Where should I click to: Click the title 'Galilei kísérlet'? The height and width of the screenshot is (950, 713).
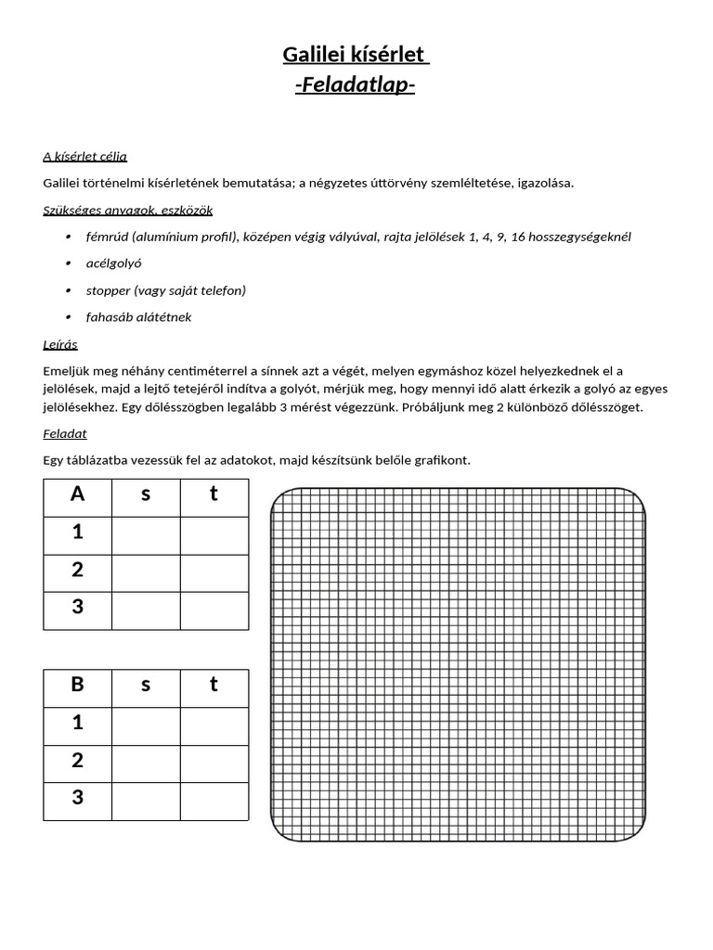point(356,56)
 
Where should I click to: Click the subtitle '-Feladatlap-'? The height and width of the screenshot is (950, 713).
point(356,85)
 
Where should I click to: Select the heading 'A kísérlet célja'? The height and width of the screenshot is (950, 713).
point(84,156)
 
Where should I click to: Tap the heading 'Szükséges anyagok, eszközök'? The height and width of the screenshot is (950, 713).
point(127,210)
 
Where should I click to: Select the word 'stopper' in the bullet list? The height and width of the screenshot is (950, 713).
point(107,290)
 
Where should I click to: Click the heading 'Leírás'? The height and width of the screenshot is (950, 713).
point(60,344)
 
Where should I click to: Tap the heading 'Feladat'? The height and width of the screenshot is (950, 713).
point(64,433)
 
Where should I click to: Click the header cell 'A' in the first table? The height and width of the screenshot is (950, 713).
point(78,494)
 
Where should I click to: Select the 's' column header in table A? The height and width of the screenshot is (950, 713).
point(146,494)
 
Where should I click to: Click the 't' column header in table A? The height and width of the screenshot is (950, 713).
point(214,494)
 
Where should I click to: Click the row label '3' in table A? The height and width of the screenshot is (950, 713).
point(78,609)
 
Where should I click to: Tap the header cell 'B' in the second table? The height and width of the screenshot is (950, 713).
point(78,686)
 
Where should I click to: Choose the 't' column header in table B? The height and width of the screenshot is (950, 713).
point(214,686)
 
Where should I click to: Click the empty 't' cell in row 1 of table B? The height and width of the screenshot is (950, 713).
point(214,725)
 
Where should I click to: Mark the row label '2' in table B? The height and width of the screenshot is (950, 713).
point(78,762)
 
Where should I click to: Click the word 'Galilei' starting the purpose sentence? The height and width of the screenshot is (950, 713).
point(63,183)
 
